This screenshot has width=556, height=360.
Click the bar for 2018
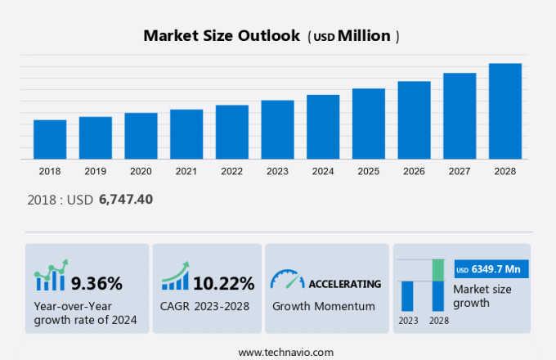(x=50, y=139)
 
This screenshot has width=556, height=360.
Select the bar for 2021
(x=186, y=134)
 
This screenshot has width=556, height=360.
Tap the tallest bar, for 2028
(x=505, y=111)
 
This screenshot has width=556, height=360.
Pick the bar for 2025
(x=369, y=124)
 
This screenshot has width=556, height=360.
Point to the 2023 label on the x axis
(x=277, y=171)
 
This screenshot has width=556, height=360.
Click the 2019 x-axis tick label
(x=95, y=171)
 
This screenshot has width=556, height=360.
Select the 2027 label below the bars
(x=460, y=171)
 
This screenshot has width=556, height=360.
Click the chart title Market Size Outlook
(x=221, y=36)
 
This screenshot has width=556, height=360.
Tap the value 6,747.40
(x=126, y=199)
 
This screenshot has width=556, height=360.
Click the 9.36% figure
(x=96, y=283)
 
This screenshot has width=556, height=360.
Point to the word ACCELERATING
(x=344, y=284)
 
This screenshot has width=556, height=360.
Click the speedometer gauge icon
(x=287, y=280)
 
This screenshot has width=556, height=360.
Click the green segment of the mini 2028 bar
(x=437, y=270)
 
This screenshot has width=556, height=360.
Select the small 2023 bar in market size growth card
(x=406, y=295)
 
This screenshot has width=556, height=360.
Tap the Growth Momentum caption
(x=323, y=306)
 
